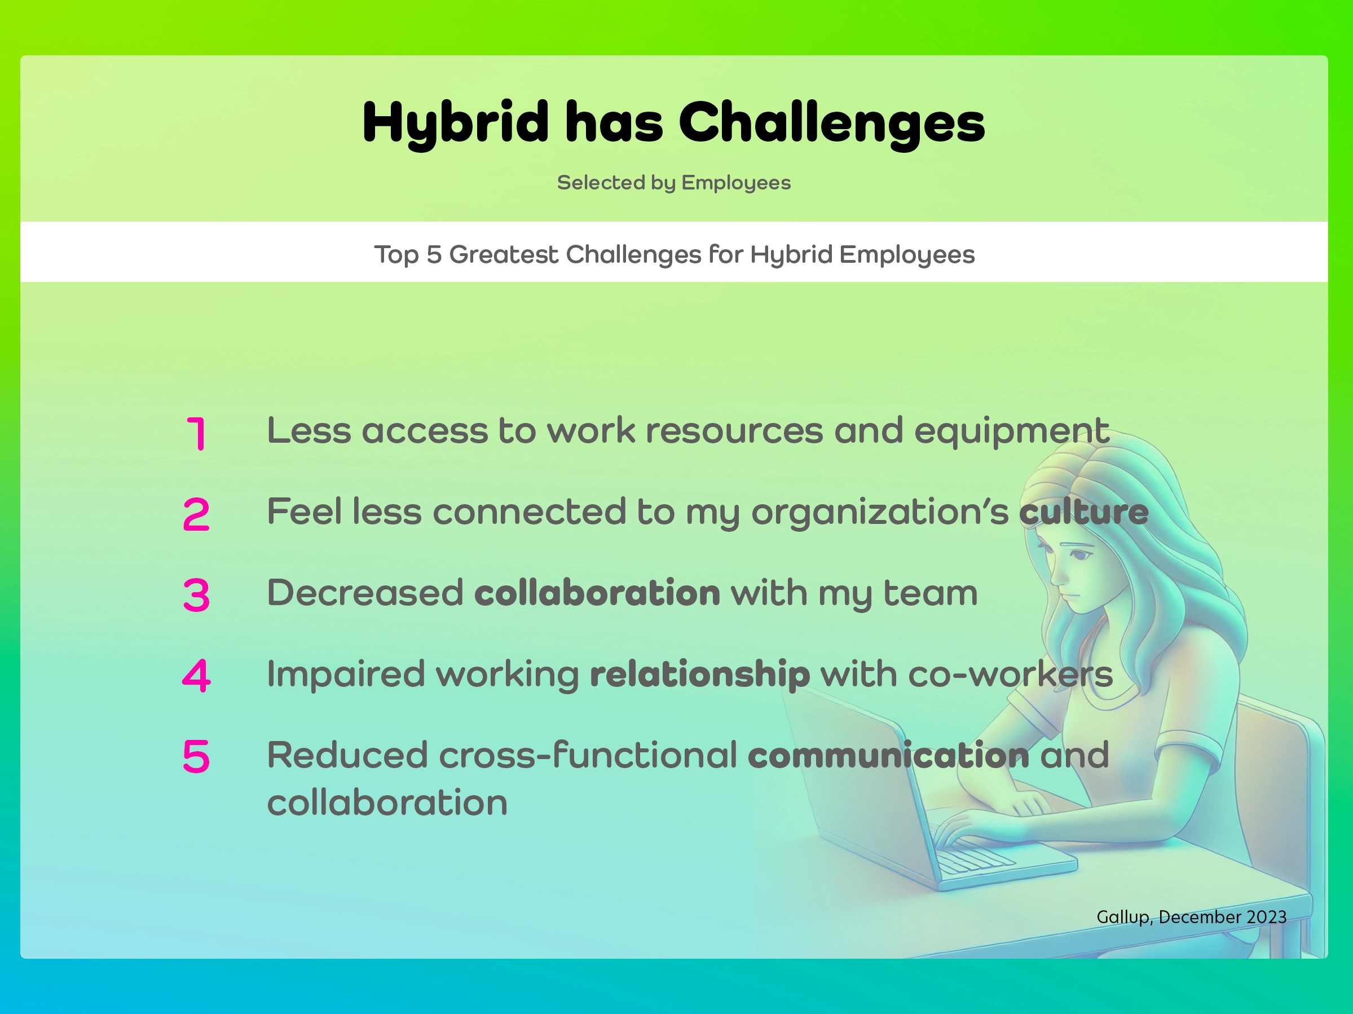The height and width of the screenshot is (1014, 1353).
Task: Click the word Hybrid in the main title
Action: (455, 123)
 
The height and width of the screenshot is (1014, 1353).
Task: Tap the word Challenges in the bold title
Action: (831, 123)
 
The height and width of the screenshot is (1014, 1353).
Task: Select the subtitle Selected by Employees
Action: (673, 182)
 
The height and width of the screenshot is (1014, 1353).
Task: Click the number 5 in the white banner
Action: (434, 254)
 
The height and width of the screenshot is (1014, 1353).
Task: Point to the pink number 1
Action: (196, 434)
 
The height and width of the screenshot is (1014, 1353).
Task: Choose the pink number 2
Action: (196, 514)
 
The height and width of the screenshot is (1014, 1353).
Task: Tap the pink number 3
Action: (196, 595)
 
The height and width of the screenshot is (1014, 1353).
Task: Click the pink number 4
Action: (196, 676)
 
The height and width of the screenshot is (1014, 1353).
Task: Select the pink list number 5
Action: (196, 756)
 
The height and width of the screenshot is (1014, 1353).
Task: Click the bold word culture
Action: (1083, 512)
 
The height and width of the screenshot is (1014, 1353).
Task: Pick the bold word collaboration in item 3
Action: (597, 593)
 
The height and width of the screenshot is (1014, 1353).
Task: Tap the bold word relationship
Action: (700, 674)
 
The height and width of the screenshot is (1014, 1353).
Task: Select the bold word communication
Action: (888, 755)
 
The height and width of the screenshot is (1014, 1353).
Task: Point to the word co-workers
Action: (1011, 674)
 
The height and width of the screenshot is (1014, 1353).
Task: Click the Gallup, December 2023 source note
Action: (1191, 917)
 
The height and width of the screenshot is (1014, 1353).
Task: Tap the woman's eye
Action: (1081, 556)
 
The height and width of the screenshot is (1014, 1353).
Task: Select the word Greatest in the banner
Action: (504, 254)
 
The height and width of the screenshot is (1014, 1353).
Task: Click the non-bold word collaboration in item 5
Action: (387, 803)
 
